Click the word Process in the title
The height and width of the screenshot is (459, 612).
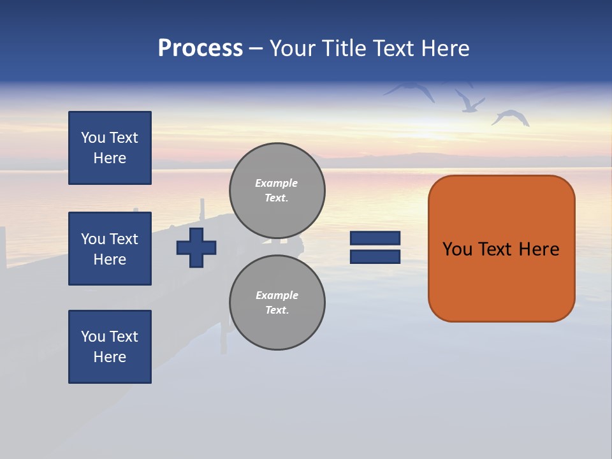[200, 48]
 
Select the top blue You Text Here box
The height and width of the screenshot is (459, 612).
[110, 148]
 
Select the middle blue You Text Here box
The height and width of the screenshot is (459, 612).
[110, 249]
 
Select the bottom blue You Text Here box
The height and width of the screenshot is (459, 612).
[110, 347]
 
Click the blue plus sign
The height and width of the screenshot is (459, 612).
[196, 247]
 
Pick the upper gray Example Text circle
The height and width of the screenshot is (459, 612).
[277, 191]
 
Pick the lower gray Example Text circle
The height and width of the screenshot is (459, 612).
[277, 303]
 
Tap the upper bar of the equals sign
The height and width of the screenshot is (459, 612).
[375, 238]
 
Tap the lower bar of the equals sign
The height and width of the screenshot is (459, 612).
[375, 256]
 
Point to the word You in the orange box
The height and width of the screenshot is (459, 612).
[457, 249]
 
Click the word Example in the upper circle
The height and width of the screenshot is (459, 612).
[277, 183]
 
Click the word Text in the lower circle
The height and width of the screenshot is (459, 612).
[277, 310]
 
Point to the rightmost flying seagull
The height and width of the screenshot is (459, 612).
[511, 117]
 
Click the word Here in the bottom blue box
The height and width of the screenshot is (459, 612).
[110, 357]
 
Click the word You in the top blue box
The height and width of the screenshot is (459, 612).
[93, 138]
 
